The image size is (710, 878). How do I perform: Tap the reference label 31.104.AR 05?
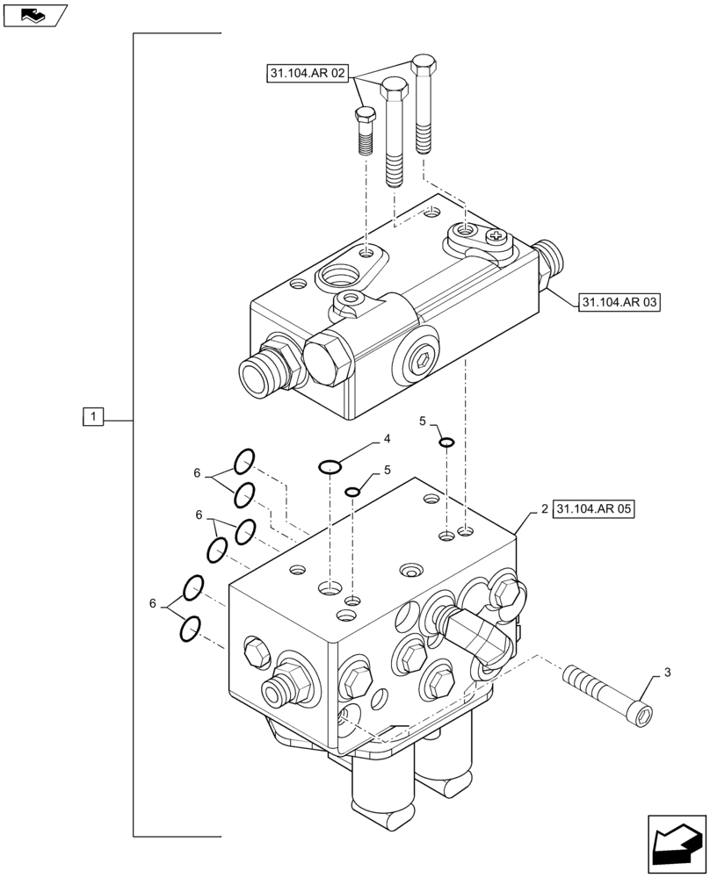(594, 508)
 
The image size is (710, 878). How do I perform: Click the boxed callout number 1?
(94, 417)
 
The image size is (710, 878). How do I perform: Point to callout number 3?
(667, 673)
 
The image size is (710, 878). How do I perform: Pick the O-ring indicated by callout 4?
(330, 465)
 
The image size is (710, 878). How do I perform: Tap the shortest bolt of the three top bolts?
(366, 130)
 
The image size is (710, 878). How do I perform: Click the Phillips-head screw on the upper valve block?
(496, 235)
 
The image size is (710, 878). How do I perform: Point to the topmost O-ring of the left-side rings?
(244, 460)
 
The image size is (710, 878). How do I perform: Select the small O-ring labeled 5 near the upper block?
(446, 442)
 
